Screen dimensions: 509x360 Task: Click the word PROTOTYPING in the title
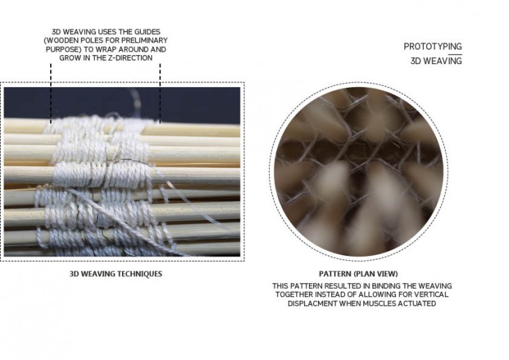click(433, 47)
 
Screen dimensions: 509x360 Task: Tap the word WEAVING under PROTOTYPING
click(443, 61)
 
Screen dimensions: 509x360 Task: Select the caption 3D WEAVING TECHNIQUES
click(116, 274)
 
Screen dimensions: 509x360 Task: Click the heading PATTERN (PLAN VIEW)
click(358, 274)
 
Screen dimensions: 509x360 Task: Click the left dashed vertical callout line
click(51, 93)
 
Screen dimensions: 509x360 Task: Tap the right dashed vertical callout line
click(160, 93)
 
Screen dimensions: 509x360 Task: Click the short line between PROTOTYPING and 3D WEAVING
click(455, 54)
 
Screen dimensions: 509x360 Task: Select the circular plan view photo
click(358, 171)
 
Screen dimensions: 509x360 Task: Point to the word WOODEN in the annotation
click(60, 40)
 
